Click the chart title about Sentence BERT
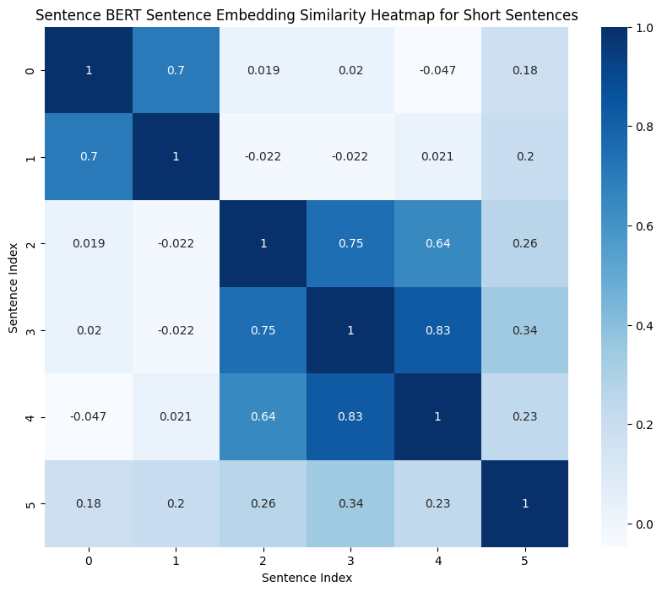307,15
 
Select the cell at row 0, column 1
176,69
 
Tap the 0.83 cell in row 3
437,330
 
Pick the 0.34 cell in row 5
350,503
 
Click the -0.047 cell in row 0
437,69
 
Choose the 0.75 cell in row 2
350,243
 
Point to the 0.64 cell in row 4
263,417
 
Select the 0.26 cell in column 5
524,243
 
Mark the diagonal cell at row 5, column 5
524,503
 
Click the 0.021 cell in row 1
437,156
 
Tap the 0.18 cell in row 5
88,503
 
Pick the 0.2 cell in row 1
524,156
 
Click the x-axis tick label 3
350,560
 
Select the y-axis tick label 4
30,417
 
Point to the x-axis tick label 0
88,560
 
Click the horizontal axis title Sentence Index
307,578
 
